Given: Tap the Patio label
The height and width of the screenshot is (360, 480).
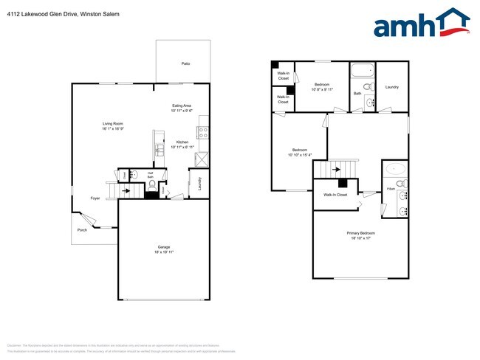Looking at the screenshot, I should pyautogui.click(x=186, y=64).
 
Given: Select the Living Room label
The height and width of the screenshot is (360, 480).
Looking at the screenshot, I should pyautogui.click(x=112, y=123).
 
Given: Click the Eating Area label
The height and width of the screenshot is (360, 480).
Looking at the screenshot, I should pyautogui.click(x=182, y=106).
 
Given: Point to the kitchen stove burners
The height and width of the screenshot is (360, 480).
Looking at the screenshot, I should pyautogui.click(x=204, y=134).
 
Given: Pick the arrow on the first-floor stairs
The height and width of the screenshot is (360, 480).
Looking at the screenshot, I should pyautogui.click(x=128, y=190).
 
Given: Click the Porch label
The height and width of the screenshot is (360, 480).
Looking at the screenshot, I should pyautogui.click(x=82, y=229).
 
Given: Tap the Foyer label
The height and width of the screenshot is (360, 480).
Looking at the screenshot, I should pyautogui.click(x=95, y=198).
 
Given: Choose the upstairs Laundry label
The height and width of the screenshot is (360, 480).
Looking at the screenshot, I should pyautogui.click(x=392, y=87).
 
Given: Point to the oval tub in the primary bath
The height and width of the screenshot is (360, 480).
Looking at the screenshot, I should pyautogui.click(x=396, y=167).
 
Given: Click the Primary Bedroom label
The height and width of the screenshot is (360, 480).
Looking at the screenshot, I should pyautogui.click(x=361, y=233).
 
